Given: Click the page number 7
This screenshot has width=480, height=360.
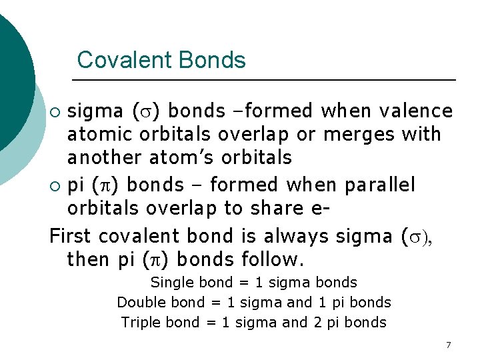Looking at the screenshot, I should [x=448, y=345].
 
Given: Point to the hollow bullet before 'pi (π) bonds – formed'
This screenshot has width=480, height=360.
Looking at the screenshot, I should [x=57, y=185].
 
